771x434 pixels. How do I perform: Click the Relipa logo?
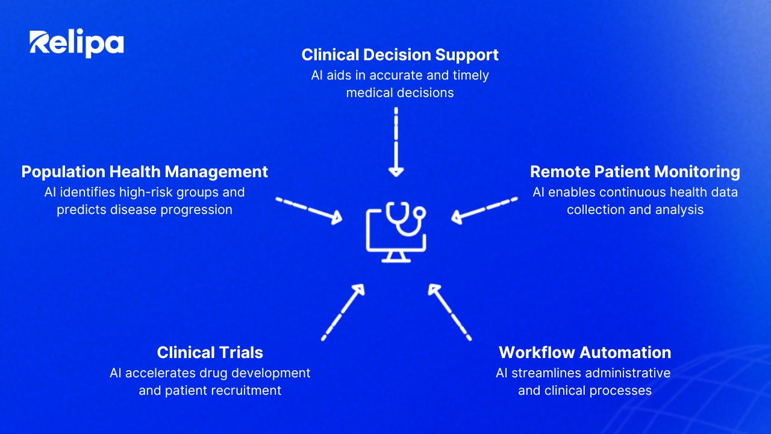click(x=76, y=43)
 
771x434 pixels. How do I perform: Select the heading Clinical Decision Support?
click(x=400, y=55)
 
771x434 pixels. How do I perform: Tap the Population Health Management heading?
click(x=145, y=172)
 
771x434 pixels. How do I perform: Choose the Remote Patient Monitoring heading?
click(x=635, y=172)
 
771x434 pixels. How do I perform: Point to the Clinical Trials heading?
click(x=210, y=352)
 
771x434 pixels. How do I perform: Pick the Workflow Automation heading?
click(x=585, y=352)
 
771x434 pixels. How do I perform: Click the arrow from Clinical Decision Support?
click(x=396, y=142)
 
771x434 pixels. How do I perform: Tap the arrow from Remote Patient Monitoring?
click(x=484, y=210)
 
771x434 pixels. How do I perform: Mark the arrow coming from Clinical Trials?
click(x=343, y=312)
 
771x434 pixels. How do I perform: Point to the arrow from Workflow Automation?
click(x=449, y=312)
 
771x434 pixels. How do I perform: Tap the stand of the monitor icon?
click(x=395, y=257)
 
